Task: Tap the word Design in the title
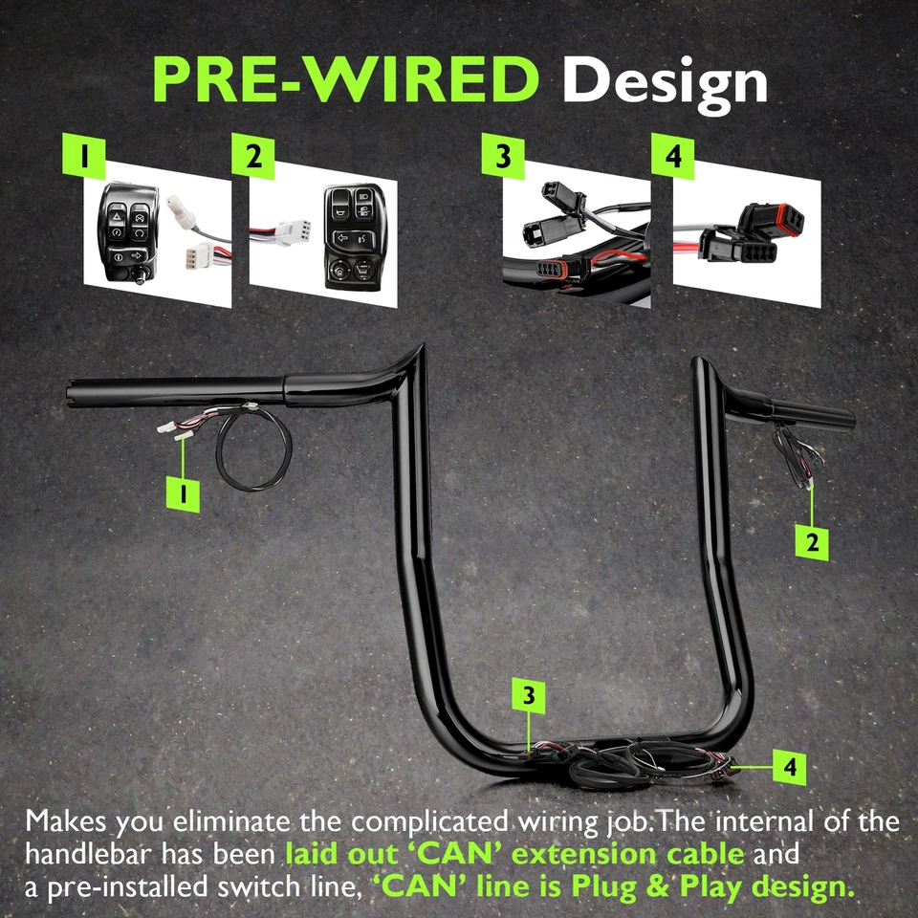tap(665, 80)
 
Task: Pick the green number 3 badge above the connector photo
tap(503, 156)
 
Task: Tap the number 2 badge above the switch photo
tap(253, 156)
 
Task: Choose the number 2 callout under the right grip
tap(812, 542)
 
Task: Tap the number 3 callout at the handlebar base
tap(529, 695)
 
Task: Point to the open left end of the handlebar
tap(72, 392)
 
